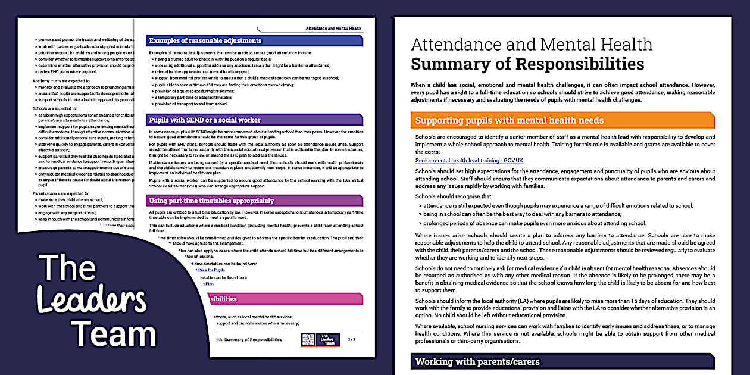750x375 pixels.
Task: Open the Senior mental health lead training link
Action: pos(469,160)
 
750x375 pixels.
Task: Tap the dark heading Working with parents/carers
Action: pos(477,361)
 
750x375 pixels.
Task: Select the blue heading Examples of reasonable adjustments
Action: pos(205,40)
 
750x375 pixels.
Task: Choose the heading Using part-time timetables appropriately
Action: pos(211,201)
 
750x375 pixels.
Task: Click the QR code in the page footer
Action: pos(307,339)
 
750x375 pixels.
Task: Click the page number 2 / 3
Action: pos(351,339)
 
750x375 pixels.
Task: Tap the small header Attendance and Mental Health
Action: pos(333,28)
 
